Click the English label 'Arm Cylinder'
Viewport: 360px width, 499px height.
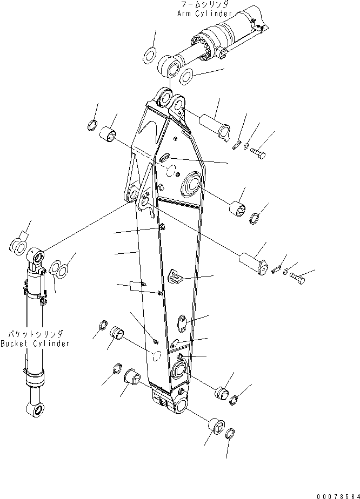coord(204,14)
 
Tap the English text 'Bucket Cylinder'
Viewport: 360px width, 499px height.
coord(35,344)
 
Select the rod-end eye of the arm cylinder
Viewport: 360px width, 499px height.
coord(171,68)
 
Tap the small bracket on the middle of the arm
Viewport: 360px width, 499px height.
coord(174,277)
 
